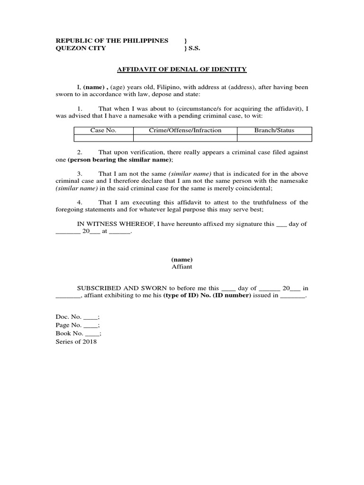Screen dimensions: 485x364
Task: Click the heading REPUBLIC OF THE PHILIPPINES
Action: (x=112, y=41)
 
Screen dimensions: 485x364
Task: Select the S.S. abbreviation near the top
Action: (x=193, y=48)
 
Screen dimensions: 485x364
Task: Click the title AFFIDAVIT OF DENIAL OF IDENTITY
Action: (x=182, y=70)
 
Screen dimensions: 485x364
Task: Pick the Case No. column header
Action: (x=103, y=130)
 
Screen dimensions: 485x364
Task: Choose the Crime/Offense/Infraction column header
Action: (x=185, y=130)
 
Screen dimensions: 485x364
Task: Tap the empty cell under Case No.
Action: (x=103, y=138)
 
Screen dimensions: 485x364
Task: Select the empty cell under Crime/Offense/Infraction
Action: (x=185, y=138)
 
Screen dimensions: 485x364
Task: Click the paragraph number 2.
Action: (x=80, y=152)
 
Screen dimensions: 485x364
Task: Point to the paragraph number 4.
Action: (x=80, y=202)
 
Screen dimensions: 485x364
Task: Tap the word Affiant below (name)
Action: (x=182, y=267)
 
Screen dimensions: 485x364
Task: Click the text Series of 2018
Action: (x=76, y=342)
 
